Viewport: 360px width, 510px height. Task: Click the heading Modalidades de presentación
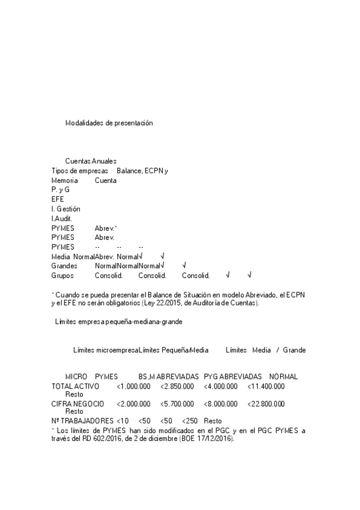click(109, 123)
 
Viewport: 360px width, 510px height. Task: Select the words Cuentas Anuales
click(91, 161)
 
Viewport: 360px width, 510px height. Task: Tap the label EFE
click(58, 199)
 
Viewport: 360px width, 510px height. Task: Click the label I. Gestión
click(66, 209)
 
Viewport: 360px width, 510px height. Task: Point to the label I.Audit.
click(62, 218)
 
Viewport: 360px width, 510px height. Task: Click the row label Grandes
click(64, 265)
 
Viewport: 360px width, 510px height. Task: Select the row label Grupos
click(63, 275)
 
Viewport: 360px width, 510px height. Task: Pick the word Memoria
click(64, 180)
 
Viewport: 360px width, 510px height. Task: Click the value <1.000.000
click(133, 386)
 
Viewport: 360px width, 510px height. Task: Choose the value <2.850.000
click(177, 386)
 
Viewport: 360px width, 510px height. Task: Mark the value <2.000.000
click(133, 404)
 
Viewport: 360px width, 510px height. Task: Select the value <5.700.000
click(177, 404)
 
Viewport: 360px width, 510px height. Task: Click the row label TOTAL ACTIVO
click(75, 386)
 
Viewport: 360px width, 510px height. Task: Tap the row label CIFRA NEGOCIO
click(78, 404)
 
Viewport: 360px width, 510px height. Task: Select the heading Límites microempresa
click(105, 350)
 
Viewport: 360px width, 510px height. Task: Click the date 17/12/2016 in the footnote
click(215, 439)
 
